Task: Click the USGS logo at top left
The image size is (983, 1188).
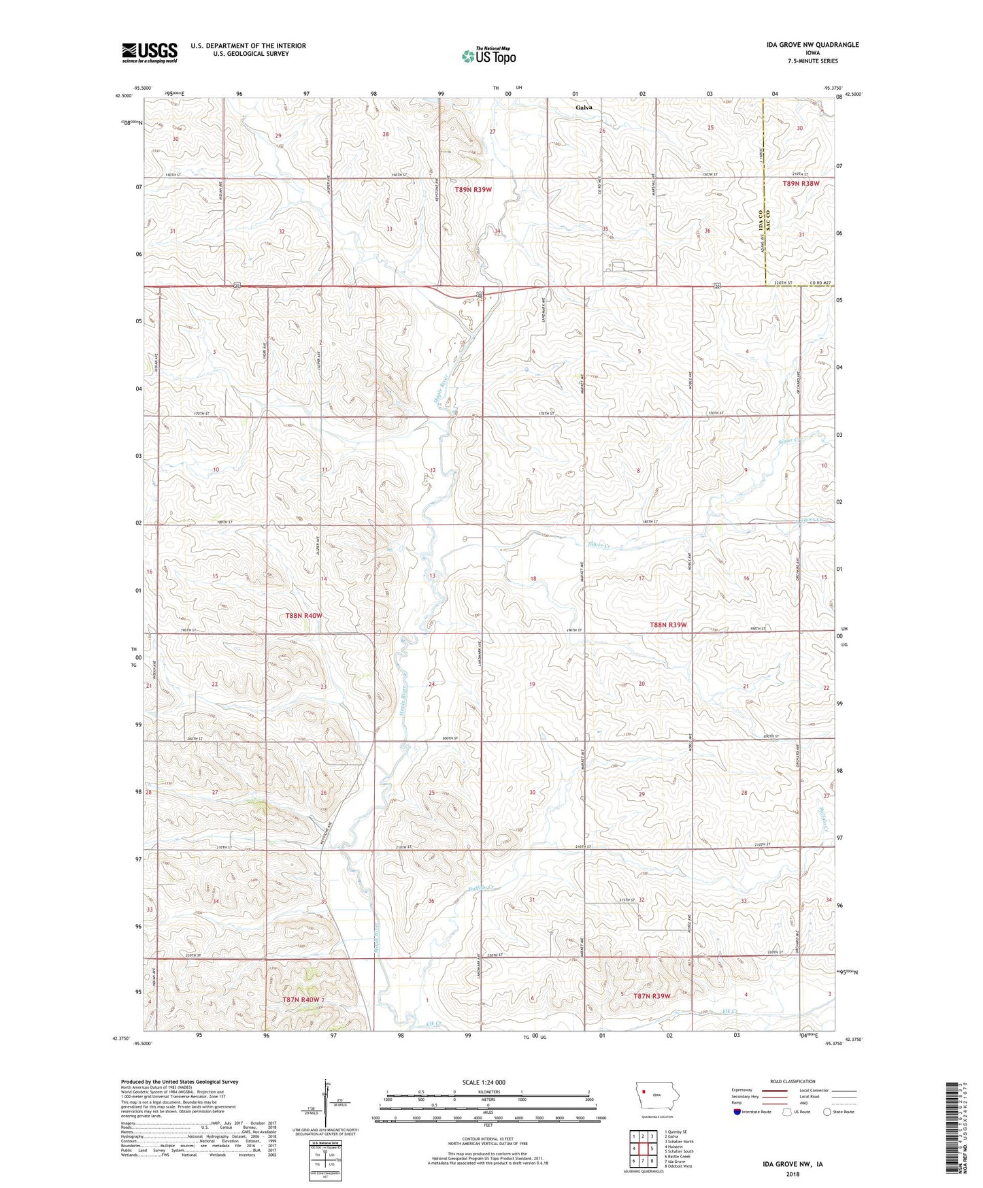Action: pyautogui.click(x=150, y=52)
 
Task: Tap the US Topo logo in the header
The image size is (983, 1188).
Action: pyautogui.click(x=488, y=56)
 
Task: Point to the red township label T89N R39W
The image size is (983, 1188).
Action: pyautogui.click(x=473, y=190)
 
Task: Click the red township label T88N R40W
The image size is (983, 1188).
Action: pyautogui.click(x=303, y=616)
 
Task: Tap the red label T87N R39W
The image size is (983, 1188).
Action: pyautogui.click(x=652, y=996)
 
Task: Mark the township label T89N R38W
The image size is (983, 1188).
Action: pyautogui.click(x=801, y=184)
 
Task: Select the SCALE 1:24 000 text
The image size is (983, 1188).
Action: pyautogui.click(x=488, y=1083)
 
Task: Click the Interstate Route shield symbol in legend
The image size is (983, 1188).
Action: pyautogui.click(x=737, y=1112)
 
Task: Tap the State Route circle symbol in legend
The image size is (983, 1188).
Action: pyautogui.click(x=827, y=1112)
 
